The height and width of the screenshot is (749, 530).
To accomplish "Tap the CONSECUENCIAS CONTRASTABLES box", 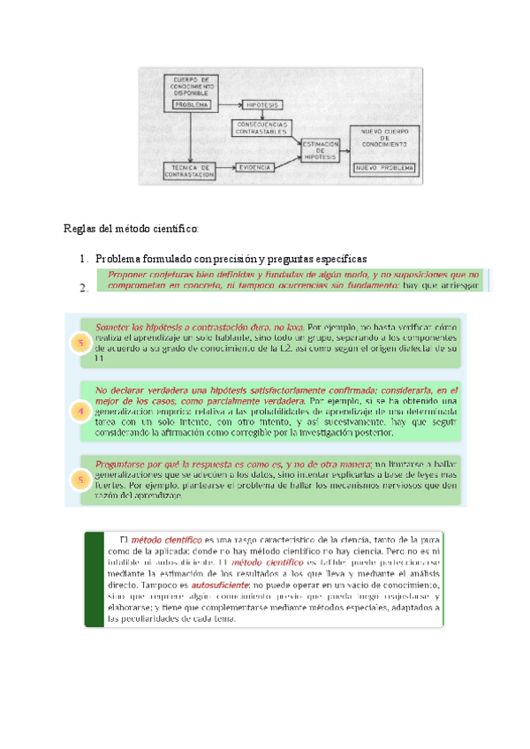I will pyautogui.click(x=262, y=127).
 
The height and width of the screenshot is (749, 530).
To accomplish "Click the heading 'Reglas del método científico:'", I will pyautogui.click(x=132, y=229).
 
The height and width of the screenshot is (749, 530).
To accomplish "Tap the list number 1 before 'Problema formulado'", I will pyautogui.click(x=82, y=258).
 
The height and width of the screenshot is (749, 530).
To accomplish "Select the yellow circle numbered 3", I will pyautogui.click(x=81, y=344).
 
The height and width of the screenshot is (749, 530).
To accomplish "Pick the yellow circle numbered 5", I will pyautogui.click(x=81, y=480).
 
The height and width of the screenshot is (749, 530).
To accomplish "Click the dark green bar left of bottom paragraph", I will pyautogui.click(x=92, y=579).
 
